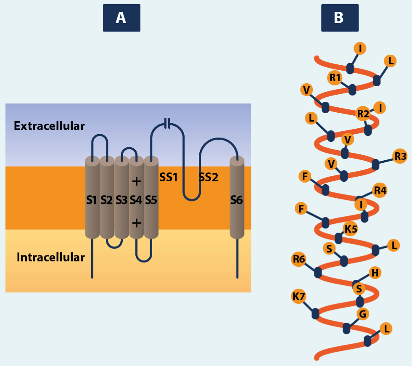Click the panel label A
(x=121, y=18)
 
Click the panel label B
(x=339, y=18)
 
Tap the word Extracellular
(x=49, y=126)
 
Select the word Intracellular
(x=50, y=257)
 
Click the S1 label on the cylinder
(x=92, y=200)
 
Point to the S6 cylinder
(x=237, y=201)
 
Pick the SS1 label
(x=169, y=178)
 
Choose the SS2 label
(x=209, y=178)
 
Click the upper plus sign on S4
(x=136, y=182)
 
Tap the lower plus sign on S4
(x=136, y=223)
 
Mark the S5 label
(x=151, y=200)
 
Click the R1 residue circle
(x=335, y=78)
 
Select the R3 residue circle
(x=400, y=156)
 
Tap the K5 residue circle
(x=350, y=229)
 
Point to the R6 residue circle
(x=299, y=260)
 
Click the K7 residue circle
(x=299, y=297)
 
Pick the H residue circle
(x=375, y=273)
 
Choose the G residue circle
(x=363, y=313)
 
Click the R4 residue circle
(x=380, y=191)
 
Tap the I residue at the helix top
(x=360, y=48)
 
